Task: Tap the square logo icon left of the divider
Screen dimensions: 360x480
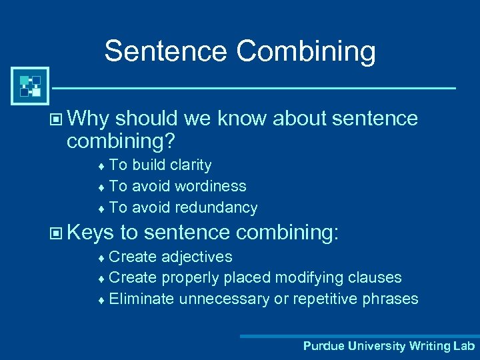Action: pyautogui.click(x=30, y=86)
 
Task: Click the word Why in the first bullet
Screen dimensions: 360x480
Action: pyautogui.click(x=88, y=119)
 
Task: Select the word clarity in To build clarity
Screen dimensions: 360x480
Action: pyautogui.click(x=190, y=165)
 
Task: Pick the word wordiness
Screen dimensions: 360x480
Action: pyautogui.click(x=210, y=186)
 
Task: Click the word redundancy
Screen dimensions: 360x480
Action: pyautogui.click(x=216, y=207)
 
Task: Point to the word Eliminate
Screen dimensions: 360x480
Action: pyautogui.click(x=141, y=299)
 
